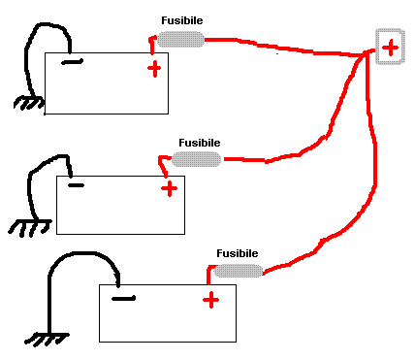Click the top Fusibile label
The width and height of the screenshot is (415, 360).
coord(180,20)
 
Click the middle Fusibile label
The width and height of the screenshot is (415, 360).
coord(199,142)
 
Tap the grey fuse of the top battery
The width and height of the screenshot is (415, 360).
coord(180,39)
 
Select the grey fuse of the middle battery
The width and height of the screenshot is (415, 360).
coord(197,158)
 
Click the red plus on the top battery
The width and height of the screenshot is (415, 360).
coord(153,68)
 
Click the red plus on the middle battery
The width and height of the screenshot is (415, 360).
coord(169,188)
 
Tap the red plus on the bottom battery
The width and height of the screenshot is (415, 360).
coord(210,300)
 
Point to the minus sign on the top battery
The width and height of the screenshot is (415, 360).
coord(71,63)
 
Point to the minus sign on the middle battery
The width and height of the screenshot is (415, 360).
coord(76,184)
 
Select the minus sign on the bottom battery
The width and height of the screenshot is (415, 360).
coord(122,298)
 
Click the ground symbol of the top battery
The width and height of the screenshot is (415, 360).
coord(30,103)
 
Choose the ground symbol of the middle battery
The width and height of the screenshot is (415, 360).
coord(30,227)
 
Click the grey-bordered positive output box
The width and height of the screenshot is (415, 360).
coord(389,47)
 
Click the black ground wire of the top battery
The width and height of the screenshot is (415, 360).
coord(39,39)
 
